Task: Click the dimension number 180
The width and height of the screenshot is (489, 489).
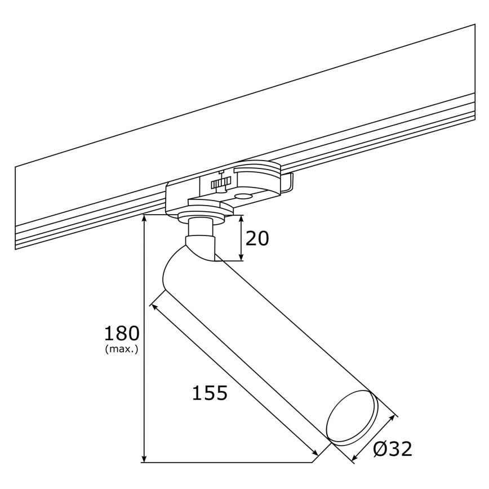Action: [x=122, y=334]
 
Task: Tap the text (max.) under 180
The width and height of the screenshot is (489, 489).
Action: [x=122, y=349]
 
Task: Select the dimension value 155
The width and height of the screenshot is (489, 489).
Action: [x=210, y=393]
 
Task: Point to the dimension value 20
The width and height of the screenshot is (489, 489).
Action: [x=257, y=238]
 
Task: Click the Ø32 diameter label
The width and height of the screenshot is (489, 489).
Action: [x=393, y=448]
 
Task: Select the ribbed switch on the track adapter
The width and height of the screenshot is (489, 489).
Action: [x=221, y=184]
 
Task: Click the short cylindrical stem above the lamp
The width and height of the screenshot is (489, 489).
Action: [x=201, y=228]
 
